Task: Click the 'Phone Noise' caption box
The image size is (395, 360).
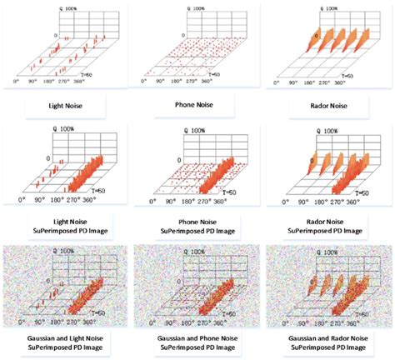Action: click(x=197, y=107)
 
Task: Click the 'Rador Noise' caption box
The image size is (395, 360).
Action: click(x=326, y=107)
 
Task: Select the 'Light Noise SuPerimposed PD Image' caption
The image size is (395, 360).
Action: click(x=66, y=224)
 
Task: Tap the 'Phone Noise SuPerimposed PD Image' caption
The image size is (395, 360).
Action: click(x=197, y=224)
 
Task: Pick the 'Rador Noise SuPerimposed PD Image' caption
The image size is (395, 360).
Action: click(x=326, y=224)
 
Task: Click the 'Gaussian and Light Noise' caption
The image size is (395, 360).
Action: click(x=66, y=341)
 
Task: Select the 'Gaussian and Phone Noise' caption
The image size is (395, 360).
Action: click(x=197, y=341)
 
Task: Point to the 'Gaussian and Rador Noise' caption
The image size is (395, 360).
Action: click(x=326, y=341)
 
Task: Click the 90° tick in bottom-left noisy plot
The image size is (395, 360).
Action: click(x=41, y=317)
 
